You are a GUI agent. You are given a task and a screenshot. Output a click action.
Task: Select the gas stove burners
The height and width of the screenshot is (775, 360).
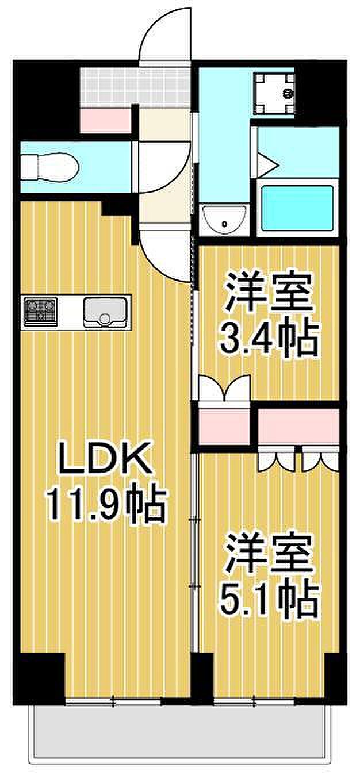tap(40, 312)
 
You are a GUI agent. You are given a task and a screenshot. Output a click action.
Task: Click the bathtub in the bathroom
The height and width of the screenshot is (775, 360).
tap(297, 208)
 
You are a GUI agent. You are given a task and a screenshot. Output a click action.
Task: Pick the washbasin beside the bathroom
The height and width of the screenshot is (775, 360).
tap(225, 218)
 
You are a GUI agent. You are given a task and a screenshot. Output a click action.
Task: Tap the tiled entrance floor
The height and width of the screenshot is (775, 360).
tap(135, 86)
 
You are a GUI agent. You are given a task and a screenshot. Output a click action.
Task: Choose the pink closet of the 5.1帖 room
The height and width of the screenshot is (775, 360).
tap(298, 425)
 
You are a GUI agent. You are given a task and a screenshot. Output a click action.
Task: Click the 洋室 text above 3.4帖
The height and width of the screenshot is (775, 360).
tap(269, 291)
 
